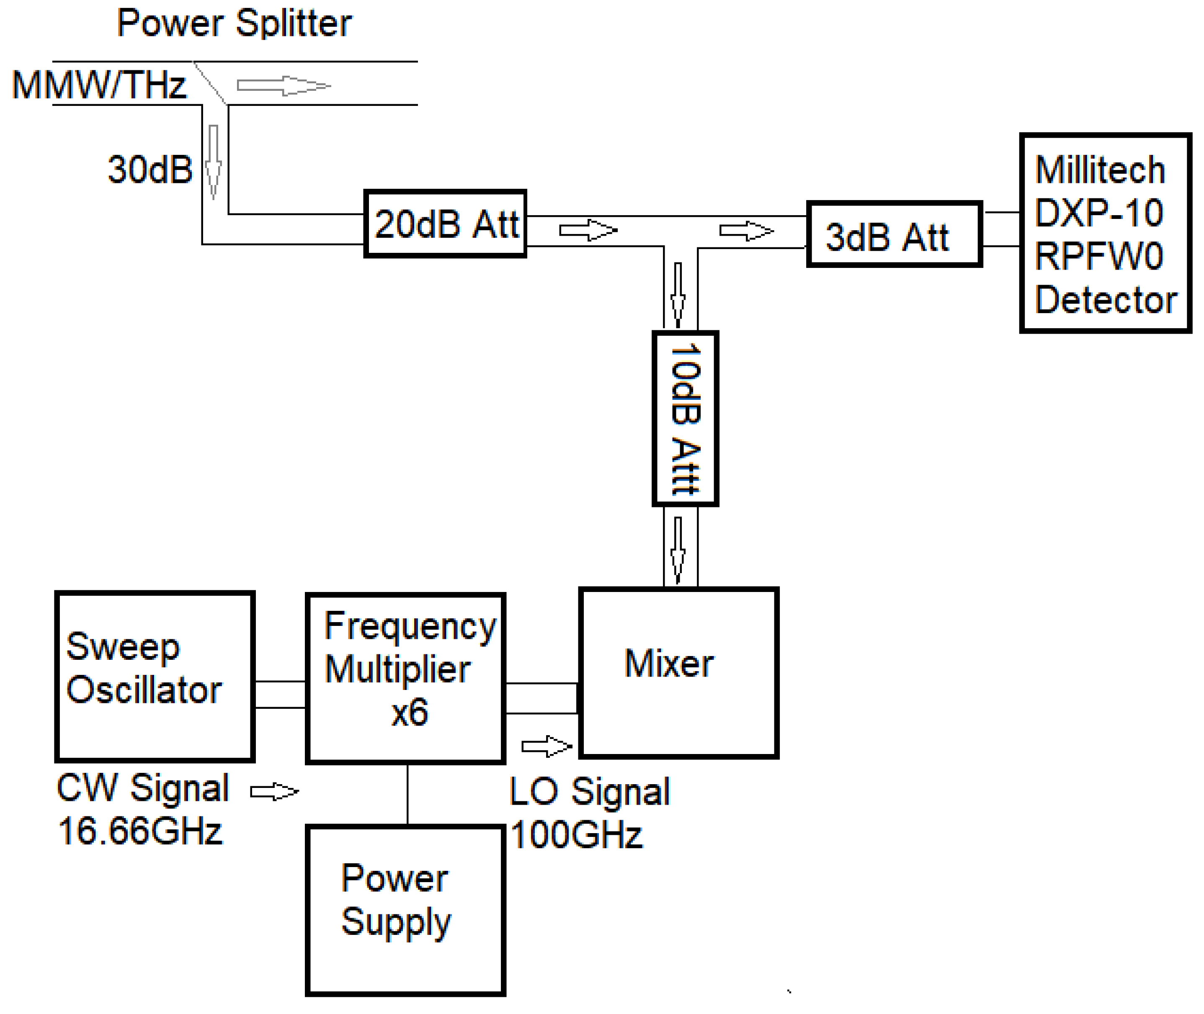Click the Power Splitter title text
234,24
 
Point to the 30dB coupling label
150,170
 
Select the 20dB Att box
445,224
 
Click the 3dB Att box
894,234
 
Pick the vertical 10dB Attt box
685,419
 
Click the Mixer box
678,672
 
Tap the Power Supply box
405,911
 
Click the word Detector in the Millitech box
1106,300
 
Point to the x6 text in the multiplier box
410,713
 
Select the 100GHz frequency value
576,835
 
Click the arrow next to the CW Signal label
275,792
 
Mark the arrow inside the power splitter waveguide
284,86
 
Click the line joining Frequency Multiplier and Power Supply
407,795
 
